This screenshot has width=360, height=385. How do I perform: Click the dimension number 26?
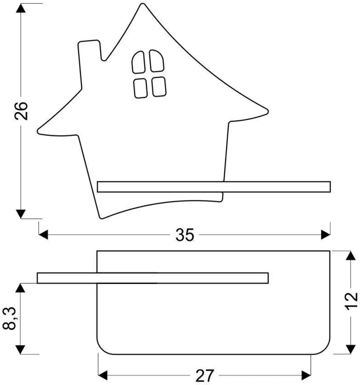click(x=21, y=111)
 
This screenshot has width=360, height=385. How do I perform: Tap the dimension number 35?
click(x=185, y=235)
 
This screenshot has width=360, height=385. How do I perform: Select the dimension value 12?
click(x=351, y=301)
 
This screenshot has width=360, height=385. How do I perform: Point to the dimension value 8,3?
click(x=10, y=318)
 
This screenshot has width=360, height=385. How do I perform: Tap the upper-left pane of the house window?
click(x=138, y=62)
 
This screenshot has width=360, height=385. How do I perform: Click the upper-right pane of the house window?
click(x=157, y=61)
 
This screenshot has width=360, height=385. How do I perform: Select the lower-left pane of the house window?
click(x=141, y=88)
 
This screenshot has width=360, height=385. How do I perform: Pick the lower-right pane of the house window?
click(x=159, y=87)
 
